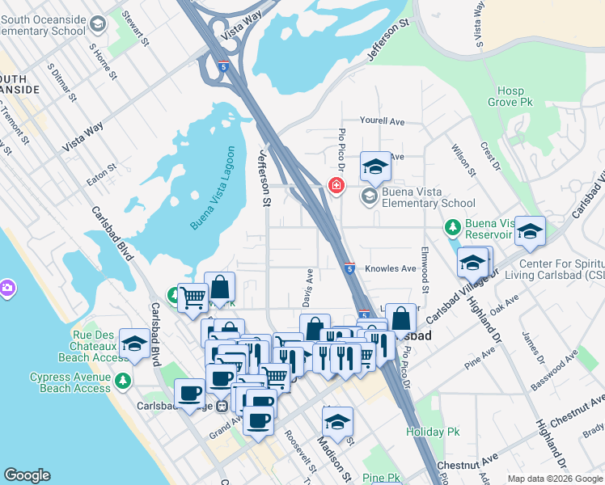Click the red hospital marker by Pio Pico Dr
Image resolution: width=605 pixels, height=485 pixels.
click(336, 187)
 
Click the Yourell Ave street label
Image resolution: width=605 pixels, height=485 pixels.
click(382, 120)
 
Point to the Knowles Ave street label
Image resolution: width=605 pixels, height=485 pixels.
click(390, 268)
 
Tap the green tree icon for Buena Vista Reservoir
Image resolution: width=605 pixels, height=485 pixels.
click(452, 229)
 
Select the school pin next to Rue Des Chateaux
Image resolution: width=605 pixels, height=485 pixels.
click(134, 344)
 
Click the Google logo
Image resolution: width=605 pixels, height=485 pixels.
click(27, 475)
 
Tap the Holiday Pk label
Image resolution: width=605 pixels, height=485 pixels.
click(433, 432)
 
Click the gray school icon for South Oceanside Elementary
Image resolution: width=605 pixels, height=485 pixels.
click(98, 25)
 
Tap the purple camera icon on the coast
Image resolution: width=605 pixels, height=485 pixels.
click(6, 288)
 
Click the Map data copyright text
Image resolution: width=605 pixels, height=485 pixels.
click(555, 479)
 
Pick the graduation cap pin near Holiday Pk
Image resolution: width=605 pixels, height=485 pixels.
click(337, 421)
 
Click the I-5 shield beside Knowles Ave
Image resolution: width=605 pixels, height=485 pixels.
click(348, 268)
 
